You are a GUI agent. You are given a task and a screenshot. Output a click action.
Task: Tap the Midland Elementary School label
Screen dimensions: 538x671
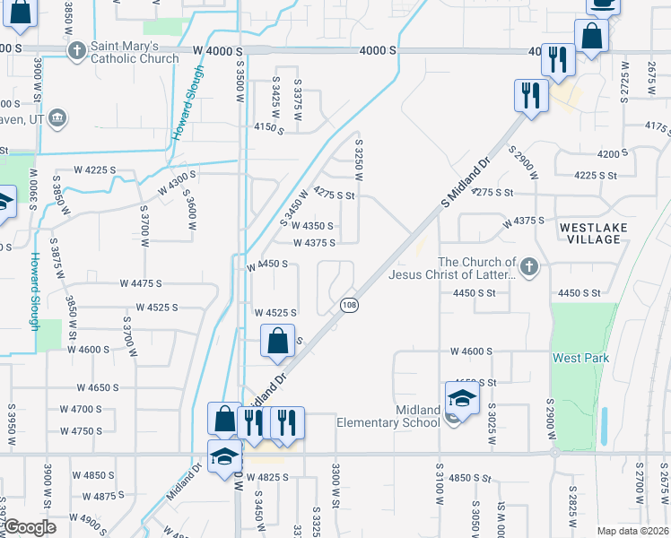tap(388, 416)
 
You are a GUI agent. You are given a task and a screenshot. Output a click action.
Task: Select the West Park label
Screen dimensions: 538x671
tap(580, 358)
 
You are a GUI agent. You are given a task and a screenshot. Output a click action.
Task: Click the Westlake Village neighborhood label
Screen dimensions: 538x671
tap(590, 233)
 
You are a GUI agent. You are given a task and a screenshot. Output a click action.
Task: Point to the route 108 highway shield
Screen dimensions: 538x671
tap(350, 306)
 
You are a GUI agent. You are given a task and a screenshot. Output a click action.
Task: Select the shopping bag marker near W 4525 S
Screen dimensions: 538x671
tap(278, 342)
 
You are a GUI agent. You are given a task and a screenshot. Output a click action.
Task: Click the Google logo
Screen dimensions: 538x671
tap(30, 527)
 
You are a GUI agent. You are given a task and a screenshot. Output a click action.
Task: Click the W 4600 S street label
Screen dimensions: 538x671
tap(470, 351)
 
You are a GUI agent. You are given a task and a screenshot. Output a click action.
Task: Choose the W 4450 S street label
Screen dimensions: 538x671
tap(266, 265)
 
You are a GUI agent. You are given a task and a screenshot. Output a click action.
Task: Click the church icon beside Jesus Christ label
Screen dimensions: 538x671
tap(530, 266)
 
